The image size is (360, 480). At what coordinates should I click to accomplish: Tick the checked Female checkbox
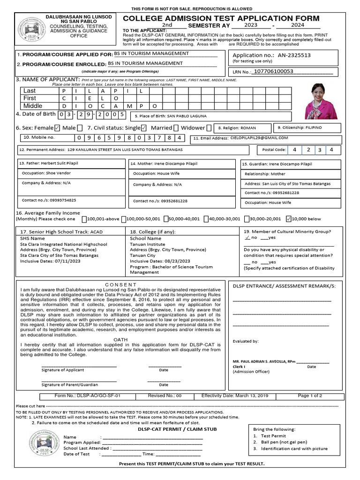pyautogui.click(x=57, y=128)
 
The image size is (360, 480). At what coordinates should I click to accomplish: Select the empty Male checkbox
pyautogui.click(x=80, y=128)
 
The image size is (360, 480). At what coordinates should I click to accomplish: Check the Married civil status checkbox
pyautogui.click(x=175, y=128)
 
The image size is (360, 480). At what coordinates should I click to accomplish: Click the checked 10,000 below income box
pyautogui.click(x=288, y=219)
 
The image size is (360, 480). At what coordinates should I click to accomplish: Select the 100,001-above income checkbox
pyautogui.click(x=84, y=219)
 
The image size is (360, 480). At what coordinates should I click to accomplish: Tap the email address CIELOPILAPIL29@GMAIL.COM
pyautogui.click(x=259, y=138)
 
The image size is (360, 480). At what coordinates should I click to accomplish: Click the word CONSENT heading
pyautogui.click(x=120, y=285)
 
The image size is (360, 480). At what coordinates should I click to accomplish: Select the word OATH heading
pyautogui.click(x=120, y=339)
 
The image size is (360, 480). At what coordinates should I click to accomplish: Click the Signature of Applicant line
pyautogui.click(x=79, y=366)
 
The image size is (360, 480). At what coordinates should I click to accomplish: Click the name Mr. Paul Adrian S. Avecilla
pyautogui.click(x=263, y=362)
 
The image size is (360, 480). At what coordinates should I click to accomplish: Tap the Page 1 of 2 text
pyautogui.click(x=309, y=396)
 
